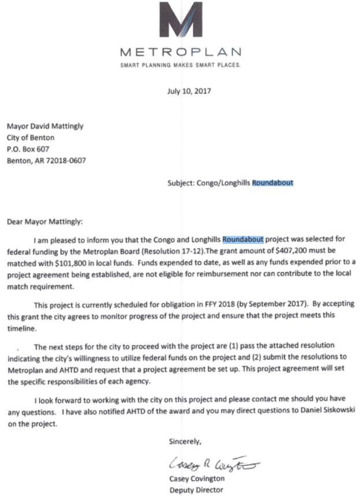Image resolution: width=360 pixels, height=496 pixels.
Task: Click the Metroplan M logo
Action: (181, 22)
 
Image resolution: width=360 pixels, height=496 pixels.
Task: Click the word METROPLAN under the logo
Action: (181, 53)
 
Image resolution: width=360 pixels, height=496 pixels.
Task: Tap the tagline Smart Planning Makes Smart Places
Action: (180, 65)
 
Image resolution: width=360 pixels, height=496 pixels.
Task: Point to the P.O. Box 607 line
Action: (29, 150)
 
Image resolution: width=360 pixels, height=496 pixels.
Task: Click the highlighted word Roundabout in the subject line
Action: (273, 183)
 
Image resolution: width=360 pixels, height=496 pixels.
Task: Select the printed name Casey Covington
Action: (196, 479)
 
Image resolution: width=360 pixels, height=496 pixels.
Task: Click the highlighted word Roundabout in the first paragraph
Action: (243, 237)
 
